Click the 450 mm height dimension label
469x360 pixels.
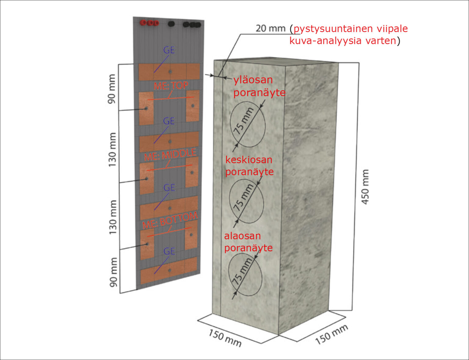(365, 187)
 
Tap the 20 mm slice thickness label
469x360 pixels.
(271, 28)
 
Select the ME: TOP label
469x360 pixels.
(171, 86)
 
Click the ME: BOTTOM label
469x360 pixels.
(170, 220)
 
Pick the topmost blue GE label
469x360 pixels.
(169, 50)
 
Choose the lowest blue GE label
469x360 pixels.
(169, 251)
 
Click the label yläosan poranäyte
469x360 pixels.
(259, 86)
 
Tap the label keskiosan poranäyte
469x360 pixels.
(249, 166)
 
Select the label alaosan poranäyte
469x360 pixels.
(248, 242)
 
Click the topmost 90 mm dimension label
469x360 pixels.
(112, 89)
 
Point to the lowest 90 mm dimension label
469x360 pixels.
(113, 272)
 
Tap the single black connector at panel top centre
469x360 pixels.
(171, 24)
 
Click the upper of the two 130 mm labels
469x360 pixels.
(112, 150)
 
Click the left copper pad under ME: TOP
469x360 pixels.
(146, 109)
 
